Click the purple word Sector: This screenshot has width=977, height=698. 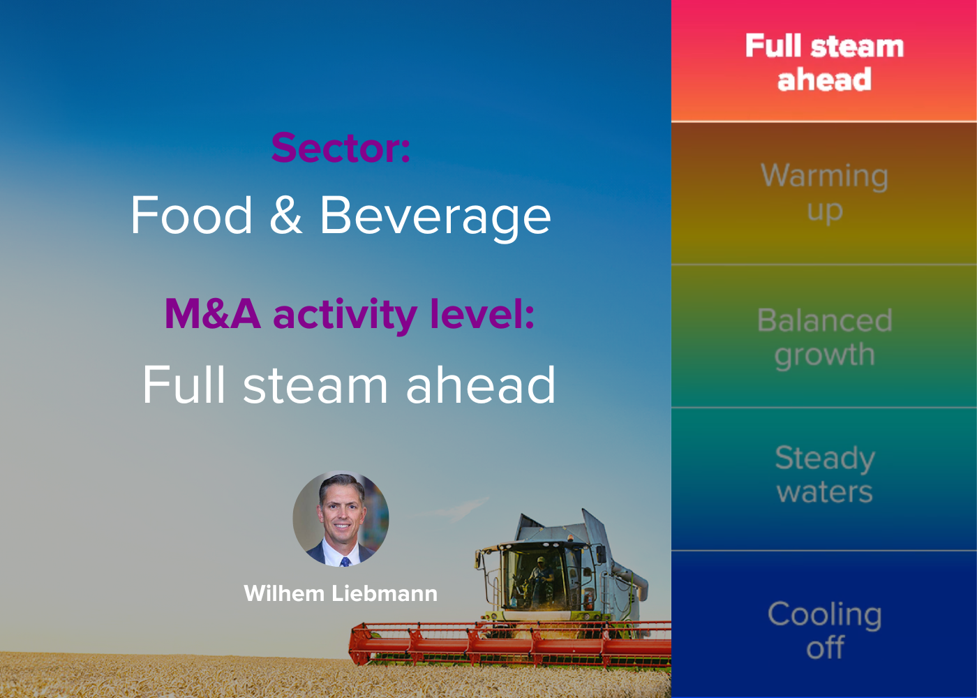pyautogui.click(x=341, y=148)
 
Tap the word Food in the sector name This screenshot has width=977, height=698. pyautogui.click(x=191, y=215)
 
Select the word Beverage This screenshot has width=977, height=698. pyautogui.click(x=435, y=218)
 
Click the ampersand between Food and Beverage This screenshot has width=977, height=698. pyautogui.click(x=285, y=215)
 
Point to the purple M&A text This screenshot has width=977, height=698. pyautogui.click(x=212, y=313)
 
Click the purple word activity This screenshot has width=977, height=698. pyautogui.click(x=345, y=315)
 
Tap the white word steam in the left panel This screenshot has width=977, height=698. pyautogui.click(x=315, y=385)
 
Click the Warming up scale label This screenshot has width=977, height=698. pyautogui.click(x=824, y=193)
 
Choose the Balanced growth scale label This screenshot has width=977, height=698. pyautogui.click(x=824, y=338)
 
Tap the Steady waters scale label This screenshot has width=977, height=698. pyautogui.click(x=824, y=474)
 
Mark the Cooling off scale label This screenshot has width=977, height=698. pyautogui.click(x=824, y=630)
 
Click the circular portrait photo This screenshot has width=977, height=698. pyautogui.click(x=341, y=519)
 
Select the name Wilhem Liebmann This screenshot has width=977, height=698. pyautogui.click(x=341, y=593)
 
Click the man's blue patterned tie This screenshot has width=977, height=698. pyautogui.click(x=345, y=561)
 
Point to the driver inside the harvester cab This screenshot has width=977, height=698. pyautogui.click(x=541, y=578)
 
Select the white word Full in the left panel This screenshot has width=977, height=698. pyautogui.click(x=184, y=384)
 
